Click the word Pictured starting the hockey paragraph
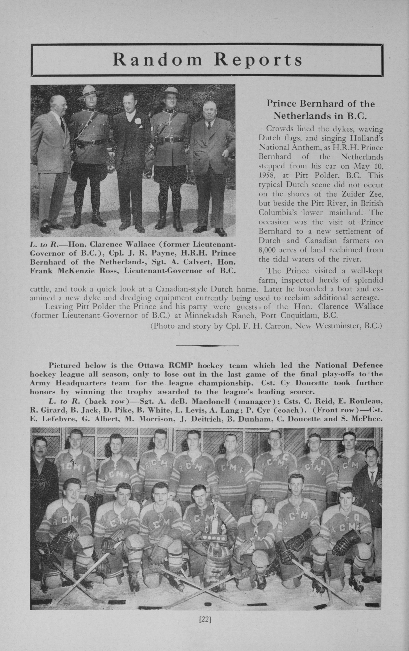click(64, 366)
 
